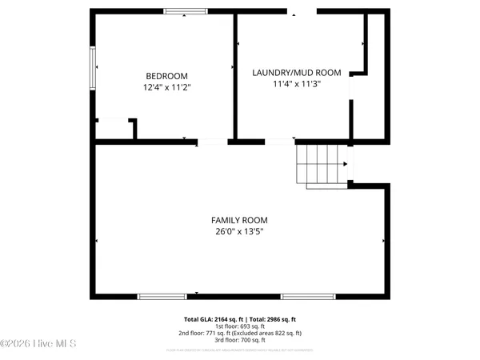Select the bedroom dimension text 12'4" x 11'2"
pos(167,86)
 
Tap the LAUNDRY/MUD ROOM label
pos(297,73)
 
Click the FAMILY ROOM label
pos(239,220)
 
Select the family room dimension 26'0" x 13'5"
pos(239,232)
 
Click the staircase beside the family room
pos(322,166)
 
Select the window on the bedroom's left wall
pos(93,67)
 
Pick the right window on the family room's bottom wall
pos(308,297)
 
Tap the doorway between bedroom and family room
pos(213,142)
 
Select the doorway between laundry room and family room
pos(280,142)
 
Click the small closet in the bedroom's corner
pos(114,130)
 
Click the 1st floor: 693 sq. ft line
pos(239,326)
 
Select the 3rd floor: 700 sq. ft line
pos(239,339)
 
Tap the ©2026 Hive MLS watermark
pos(38,344)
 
